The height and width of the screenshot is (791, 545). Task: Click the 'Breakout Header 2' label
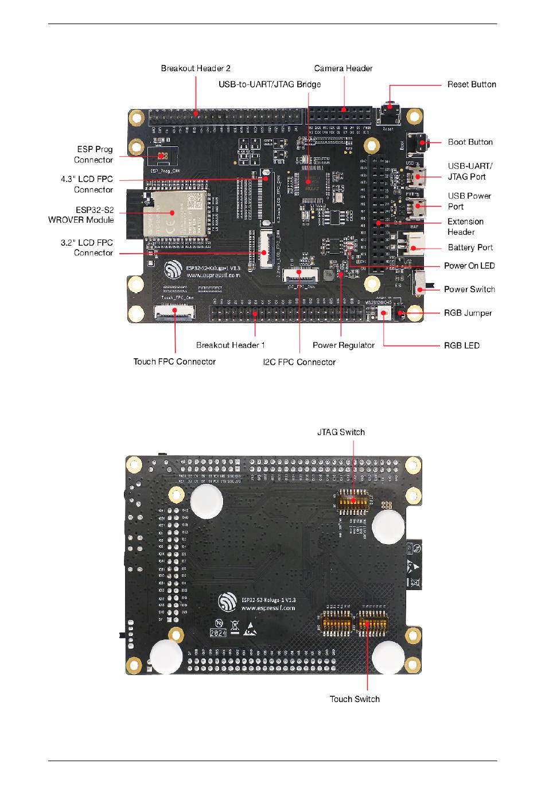196,68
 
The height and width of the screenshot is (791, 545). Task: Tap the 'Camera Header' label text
343,68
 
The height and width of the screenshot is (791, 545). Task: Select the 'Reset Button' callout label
472,84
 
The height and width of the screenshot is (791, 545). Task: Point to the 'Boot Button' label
470,142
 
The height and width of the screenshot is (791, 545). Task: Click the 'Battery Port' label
470,247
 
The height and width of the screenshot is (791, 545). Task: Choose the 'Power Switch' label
469,289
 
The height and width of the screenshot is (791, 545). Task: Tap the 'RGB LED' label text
461,346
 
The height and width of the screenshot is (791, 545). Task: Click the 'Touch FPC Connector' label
174,362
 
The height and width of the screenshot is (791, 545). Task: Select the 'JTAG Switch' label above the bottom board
341,432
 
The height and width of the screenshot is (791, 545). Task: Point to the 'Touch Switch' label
355,699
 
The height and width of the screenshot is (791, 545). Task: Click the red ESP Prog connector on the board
162,156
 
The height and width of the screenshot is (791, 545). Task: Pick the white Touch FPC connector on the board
174,312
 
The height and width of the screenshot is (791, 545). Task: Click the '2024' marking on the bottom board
218,633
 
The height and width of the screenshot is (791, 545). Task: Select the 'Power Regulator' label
343,346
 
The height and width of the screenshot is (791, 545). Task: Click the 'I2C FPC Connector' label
299,362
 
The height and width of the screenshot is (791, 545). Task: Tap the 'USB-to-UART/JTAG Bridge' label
270,84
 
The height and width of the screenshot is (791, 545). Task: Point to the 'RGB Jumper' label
468,313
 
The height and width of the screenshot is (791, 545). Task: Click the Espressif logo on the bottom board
228,603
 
